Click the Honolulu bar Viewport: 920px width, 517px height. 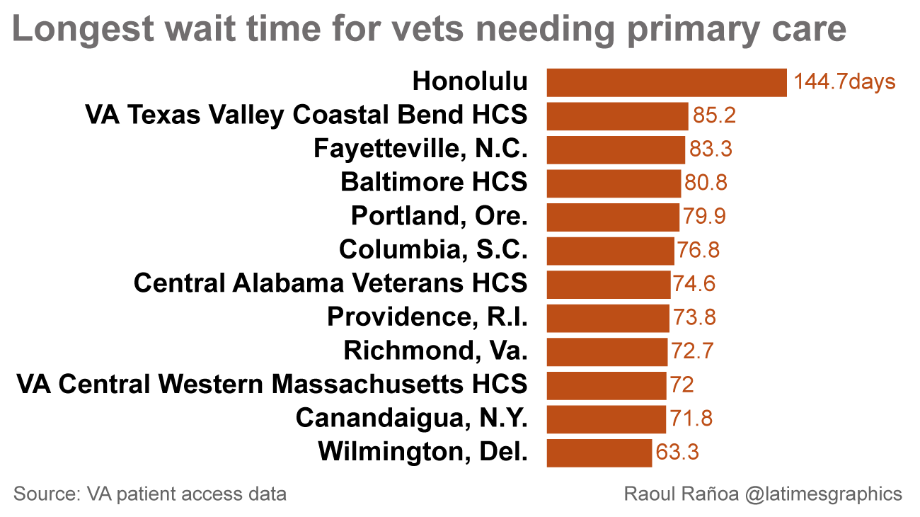click(667, 82)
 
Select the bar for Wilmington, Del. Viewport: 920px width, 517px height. click(599, 453)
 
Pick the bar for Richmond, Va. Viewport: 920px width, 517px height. click(607, 351)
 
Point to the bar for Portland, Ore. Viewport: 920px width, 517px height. click(613, 217)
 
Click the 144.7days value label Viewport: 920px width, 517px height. click(844, 82)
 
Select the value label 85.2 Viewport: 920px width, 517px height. click(714, 115)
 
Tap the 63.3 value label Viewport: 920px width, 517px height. click(677, 453)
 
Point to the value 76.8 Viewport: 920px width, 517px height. click(699, 250)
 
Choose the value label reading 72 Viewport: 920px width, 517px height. click(682, 385)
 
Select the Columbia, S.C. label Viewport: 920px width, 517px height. click(433, 250)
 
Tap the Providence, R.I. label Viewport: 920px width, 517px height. click(427, 317)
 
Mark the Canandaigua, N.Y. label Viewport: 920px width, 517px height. click(412, 418)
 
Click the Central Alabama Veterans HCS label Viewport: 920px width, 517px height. click(330, 283)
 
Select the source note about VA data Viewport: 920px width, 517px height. click(150, 494)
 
